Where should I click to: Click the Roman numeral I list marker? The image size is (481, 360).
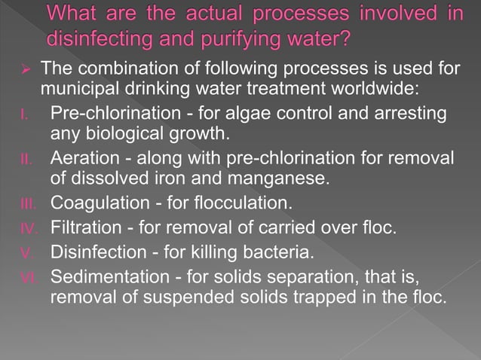click(x=25, y=114)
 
